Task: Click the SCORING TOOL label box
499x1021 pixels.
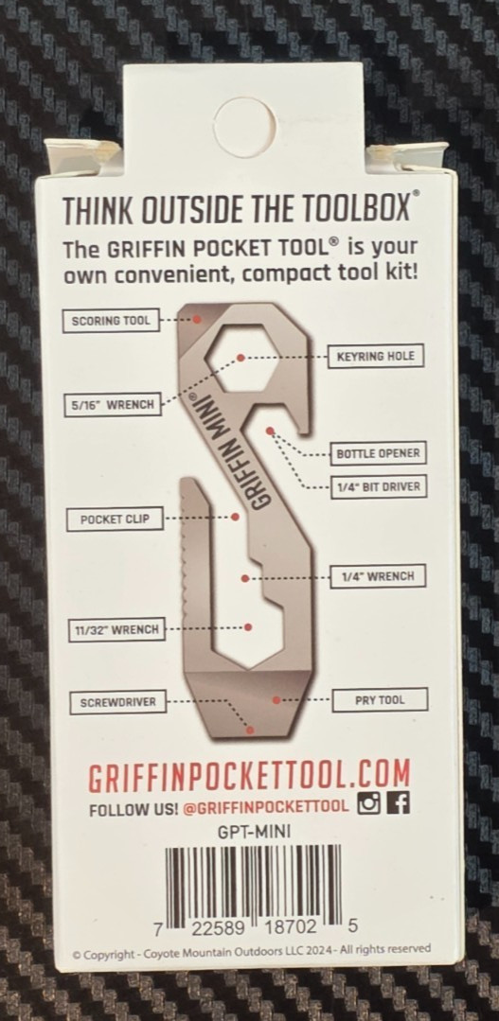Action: (111, 321)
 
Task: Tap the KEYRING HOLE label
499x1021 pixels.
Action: (375, 356)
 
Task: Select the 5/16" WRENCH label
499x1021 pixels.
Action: (113, 404)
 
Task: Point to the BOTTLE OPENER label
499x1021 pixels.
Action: (379, 453)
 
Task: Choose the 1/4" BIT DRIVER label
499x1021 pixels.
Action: (379, 486)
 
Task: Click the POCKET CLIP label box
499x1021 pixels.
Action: (115, 519)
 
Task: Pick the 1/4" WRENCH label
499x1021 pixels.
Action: (378, 576)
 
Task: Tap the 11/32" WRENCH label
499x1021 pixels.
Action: (116, 629)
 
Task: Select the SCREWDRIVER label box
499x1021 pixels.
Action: (118, 702)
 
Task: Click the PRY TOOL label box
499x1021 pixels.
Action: (380, 700)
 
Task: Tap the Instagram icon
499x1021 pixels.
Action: (368, 804)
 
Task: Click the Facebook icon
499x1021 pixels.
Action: (398, 804)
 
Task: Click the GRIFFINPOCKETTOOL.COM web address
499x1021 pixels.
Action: (250, 775)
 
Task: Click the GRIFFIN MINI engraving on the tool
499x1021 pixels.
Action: (231, 453)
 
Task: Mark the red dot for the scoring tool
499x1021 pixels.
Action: (197, 319)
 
